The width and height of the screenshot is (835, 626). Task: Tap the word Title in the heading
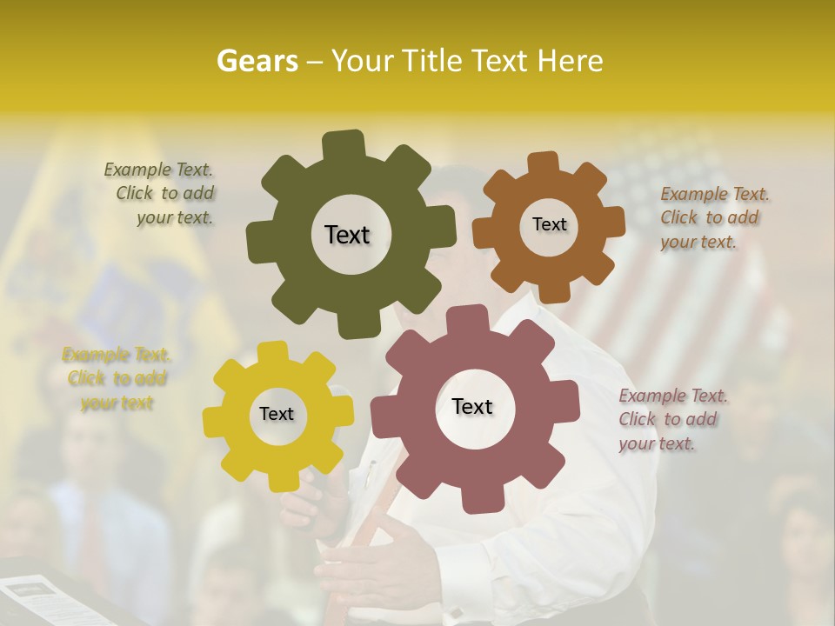[x=435, y=61]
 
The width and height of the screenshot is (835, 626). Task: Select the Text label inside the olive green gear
[x=347, y=235]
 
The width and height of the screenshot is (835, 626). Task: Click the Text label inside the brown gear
[x=549, y=224]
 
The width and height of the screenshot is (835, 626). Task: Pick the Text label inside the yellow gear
[x=277, y=414]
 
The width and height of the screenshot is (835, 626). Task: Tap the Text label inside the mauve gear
[x=472, y=406]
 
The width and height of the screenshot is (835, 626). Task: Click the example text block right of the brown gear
[x=713, y=217]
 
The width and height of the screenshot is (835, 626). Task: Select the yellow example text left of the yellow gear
[x=116, y=378]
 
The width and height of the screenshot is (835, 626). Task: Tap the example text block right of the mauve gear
[x=671, y=419]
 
